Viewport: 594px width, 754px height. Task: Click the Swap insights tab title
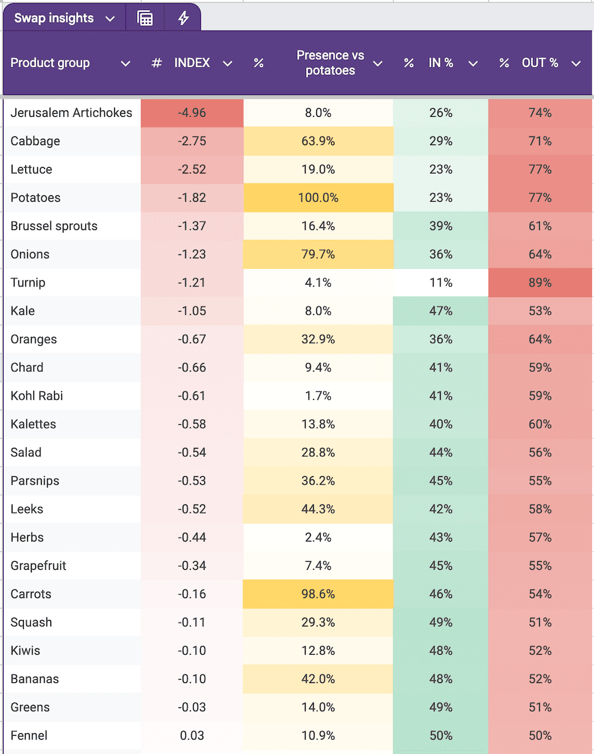[x=53, y=18]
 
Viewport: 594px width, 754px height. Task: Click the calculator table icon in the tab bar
[x=145, y=18]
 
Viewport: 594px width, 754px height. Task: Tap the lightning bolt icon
[x=183, y=18]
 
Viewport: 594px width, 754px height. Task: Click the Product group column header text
[x=50, y=63]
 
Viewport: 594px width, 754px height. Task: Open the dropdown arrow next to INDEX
[x=228, y=63]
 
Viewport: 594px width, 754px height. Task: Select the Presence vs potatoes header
[x=330, y=63]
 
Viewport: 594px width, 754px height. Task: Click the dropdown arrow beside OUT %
[x=576, y=63]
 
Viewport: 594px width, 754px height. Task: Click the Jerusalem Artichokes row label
[x=72, y=113]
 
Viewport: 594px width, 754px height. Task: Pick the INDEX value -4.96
[x=192, y=113]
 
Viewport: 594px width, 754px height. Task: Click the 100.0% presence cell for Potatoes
[x=318, y=198]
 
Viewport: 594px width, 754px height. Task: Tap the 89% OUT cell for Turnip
[x=540, y=283]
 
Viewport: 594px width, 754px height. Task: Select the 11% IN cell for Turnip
[x=441, y=283]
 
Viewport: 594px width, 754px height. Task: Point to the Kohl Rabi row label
[x=37, y=396]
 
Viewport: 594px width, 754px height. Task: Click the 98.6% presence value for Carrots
[x=318, y=594]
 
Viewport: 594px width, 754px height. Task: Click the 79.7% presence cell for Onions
[x=318, y=254]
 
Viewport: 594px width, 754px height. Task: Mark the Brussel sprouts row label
[x=54, y=226]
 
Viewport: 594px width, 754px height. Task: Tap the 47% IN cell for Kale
[x=441, y=311]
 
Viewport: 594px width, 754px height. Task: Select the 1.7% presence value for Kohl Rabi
[x=318, y=396]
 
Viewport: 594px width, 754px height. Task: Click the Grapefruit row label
[x=38, y=565]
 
